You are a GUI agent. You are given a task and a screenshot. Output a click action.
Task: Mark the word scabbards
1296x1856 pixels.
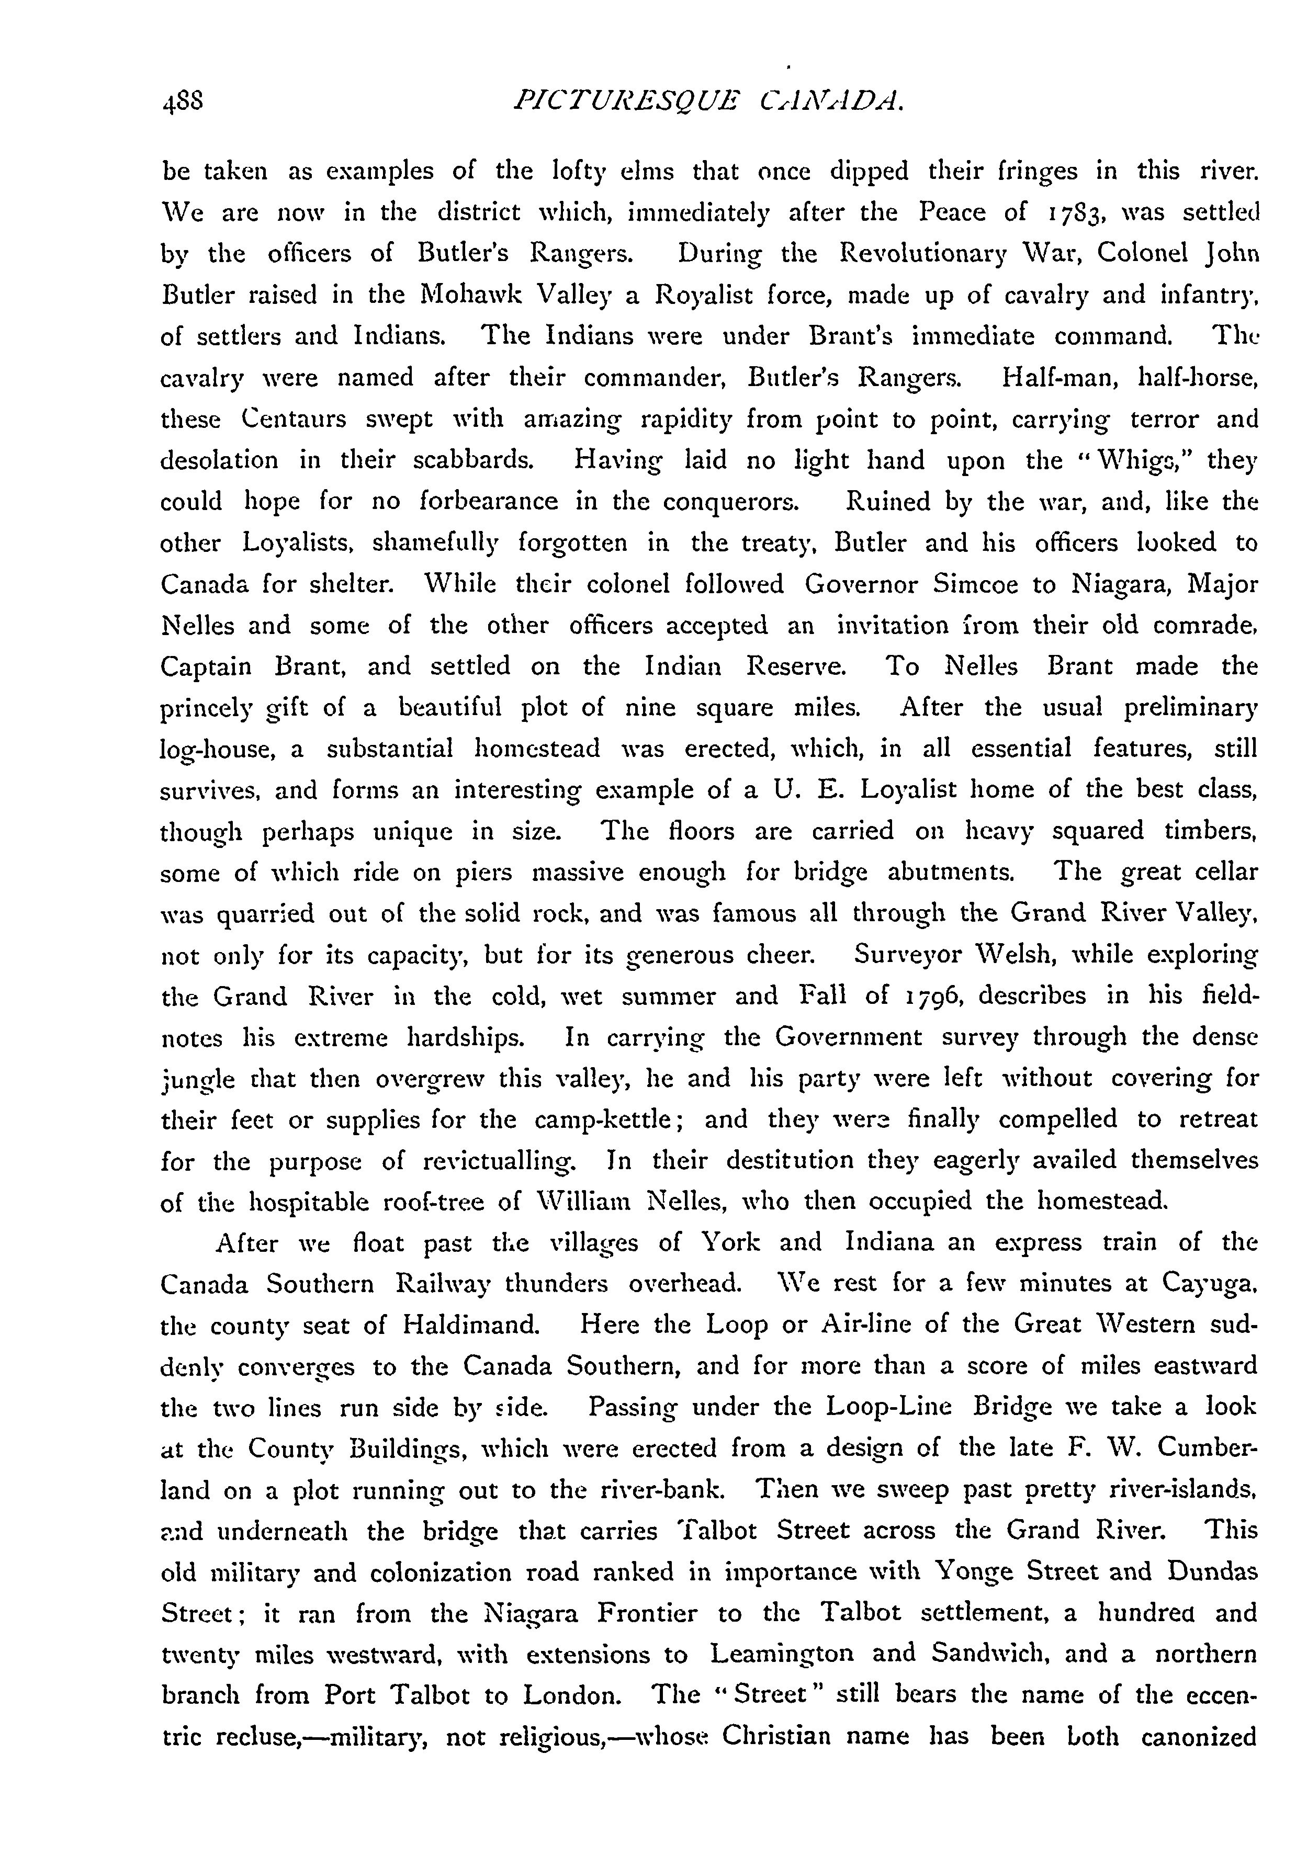[473, 461]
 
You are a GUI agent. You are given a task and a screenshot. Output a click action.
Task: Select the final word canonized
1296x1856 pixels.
[1198, 1736]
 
